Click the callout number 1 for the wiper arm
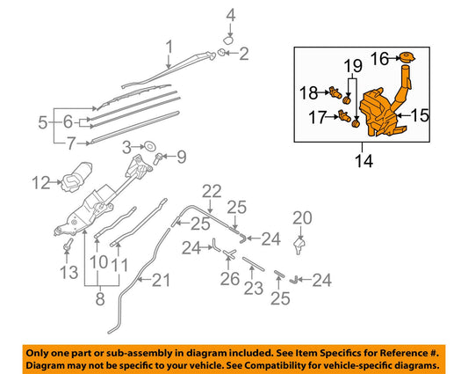click(x=169, y=46)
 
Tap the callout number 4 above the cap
click(x=231, y=14)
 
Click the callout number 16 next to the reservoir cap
click(x=378, y=59)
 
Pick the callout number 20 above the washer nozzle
click(x=301, y=217)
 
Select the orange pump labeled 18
click(x=335, y=92)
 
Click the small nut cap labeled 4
click(x=227, y=39)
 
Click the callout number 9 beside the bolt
click(x=181, y=158)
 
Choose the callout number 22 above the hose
click(x=211, y=191)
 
